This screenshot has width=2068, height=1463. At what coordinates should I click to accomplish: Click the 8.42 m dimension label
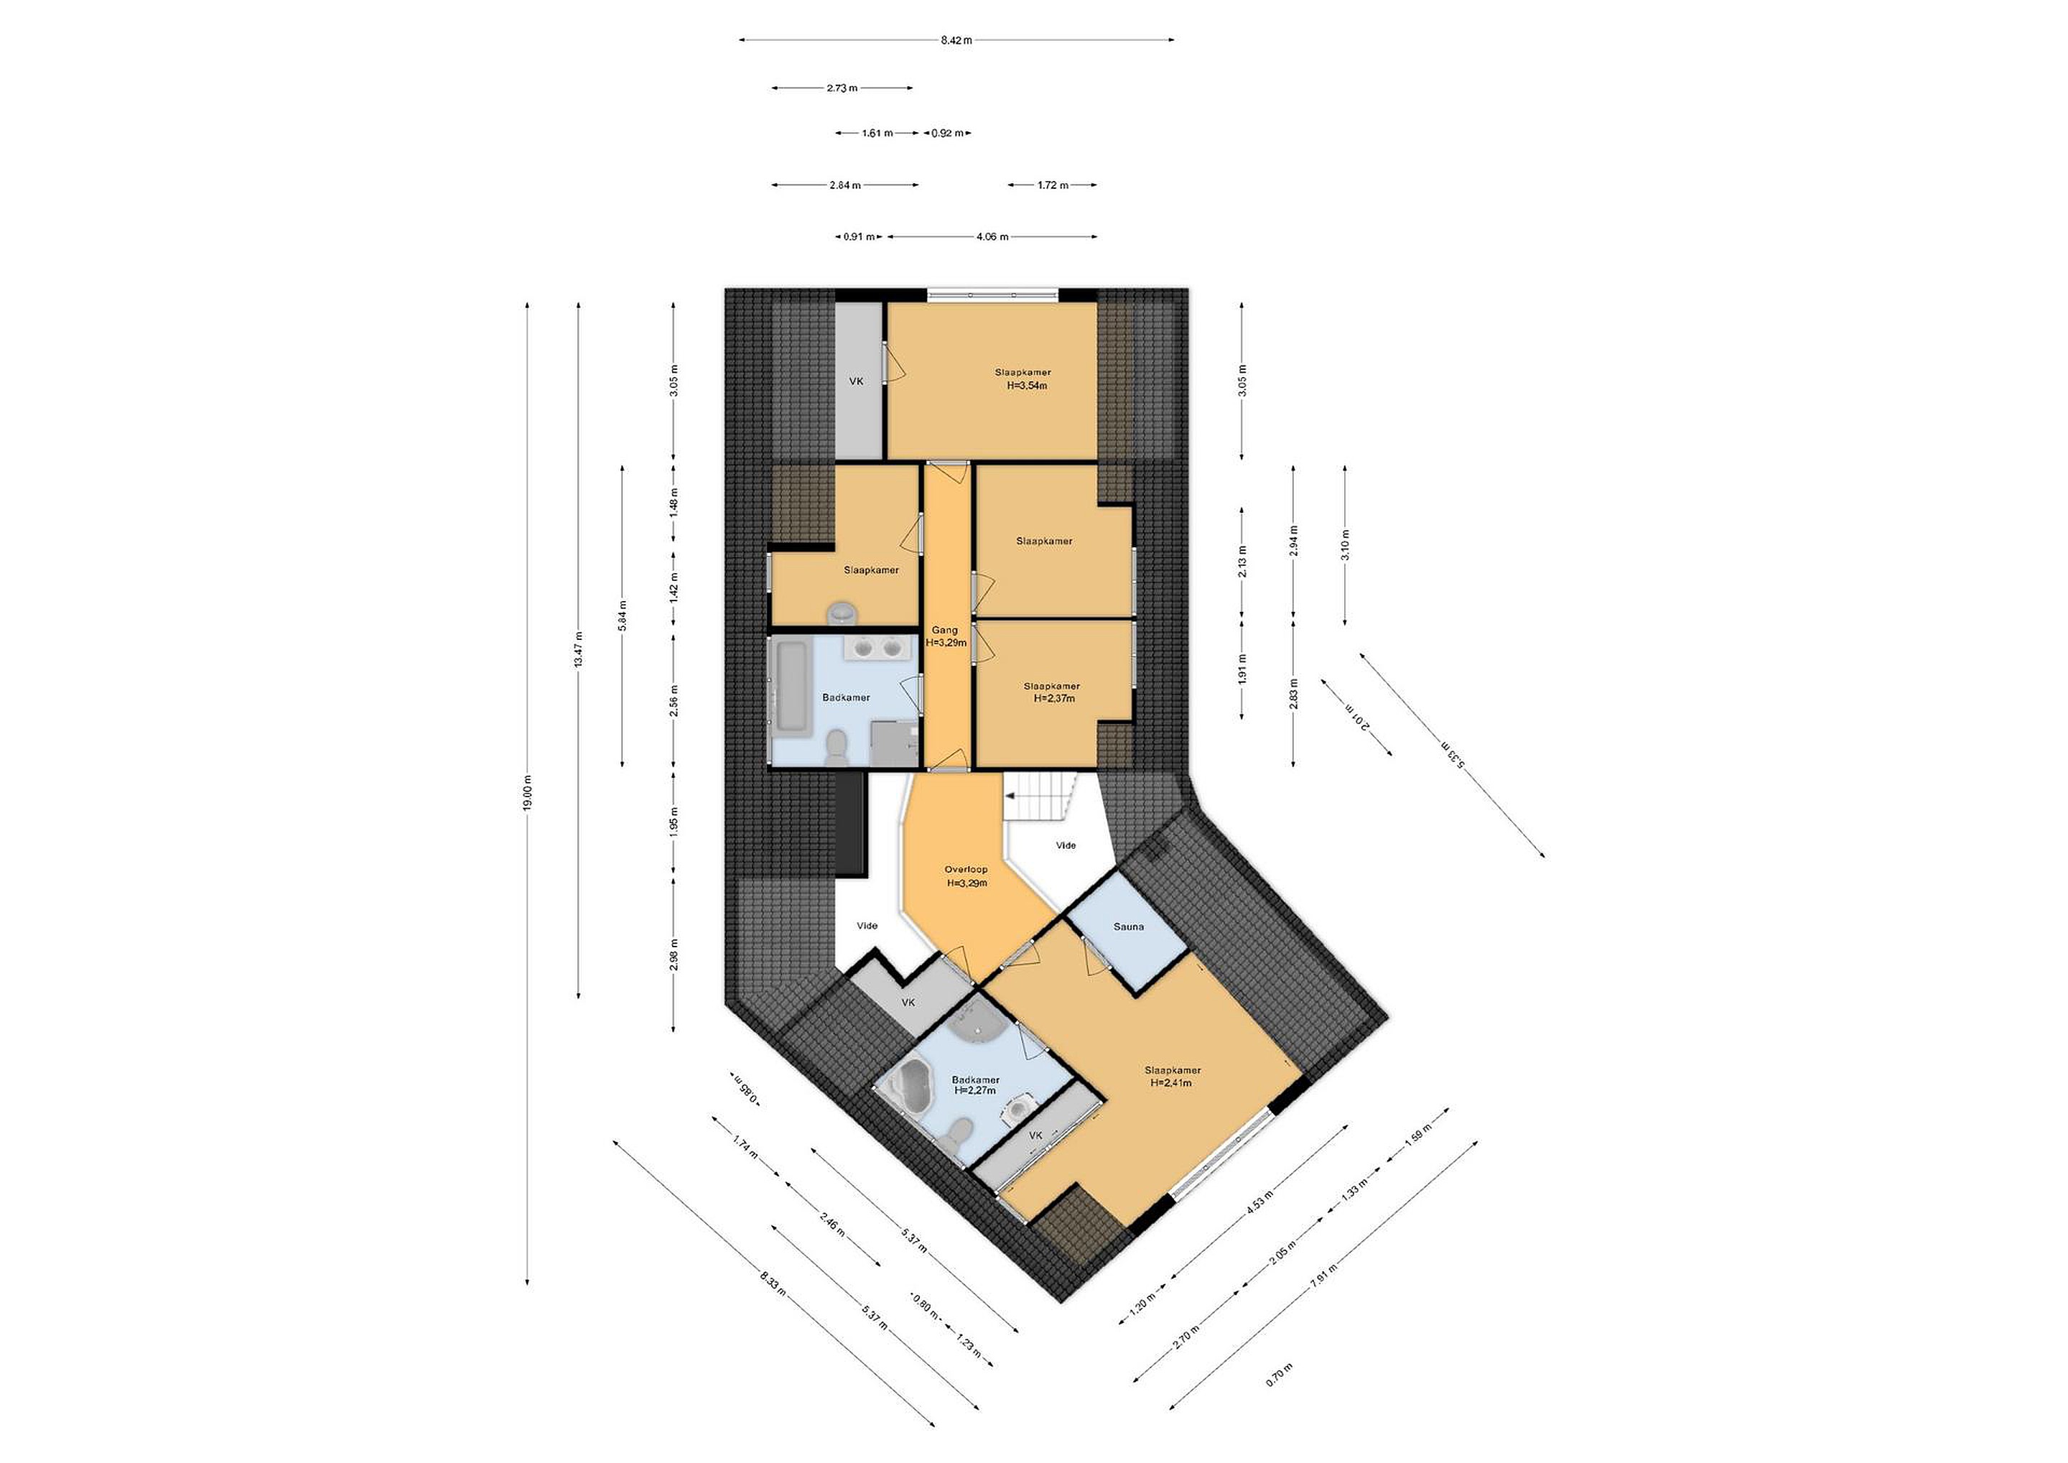pyautogui.click(x=956, y=40)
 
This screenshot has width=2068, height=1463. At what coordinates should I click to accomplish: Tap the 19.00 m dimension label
pyautogui.click(x=527, y=792)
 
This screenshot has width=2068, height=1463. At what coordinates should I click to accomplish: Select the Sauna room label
pyautogui.click(x=1129, y=926)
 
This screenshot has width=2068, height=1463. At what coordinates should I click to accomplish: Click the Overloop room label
pyautogui.click(x=966, y=869)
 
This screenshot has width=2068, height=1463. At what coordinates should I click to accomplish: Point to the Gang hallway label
pyautogui.click(x=945, y=631)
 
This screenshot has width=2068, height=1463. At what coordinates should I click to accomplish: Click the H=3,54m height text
pyautogui.click(x=1027, y=386)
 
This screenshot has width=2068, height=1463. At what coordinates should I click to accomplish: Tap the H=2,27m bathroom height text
pyautogui.click(x=975, y=1090)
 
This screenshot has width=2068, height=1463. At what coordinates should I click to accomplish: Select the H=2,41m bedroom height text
pyautogui.click(x=1171, y=1083)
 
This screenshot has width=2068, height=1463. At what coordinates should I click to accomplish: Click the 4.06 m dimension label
pyautogui.click(x=992, y=237)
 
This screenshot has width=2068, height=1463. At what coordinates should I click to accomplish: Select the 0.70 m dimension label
pyautogui.click(x=1279, y=1399)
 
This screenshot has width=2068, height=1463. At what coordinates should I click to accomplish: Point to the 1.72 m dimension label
pyautogui.click(x=1052, y=185)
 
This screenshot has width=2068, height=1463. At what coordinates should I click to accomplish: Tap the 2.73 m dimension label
pyautogui.click(x=842, y=88)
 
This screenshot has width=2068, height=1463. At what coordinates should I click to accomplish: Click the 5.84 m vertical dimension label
pyautogui.click(x=623, y=616)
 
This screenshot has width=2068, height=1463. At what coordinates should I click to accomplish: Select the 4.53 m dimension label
pyautogui.click(x=1260, y=1203)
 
